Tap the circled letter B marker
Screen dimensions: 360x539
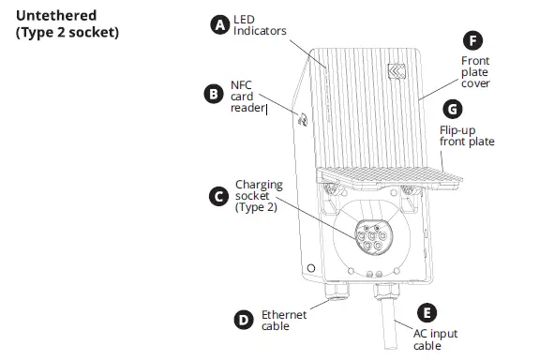click(213, 94)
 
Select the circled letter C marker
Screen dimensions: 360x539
click(218, 196)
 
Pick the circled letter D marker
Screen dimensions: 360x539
click(243, 320)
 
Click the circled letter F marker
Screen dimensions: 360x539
click(473, 40)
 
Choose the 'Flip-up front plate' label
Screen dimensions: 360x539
click(467, 135)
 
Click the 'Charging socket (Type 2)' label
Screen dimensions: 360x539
click(257, 196)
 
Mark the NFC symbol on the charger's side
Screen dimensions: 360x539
click(303, 119)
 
